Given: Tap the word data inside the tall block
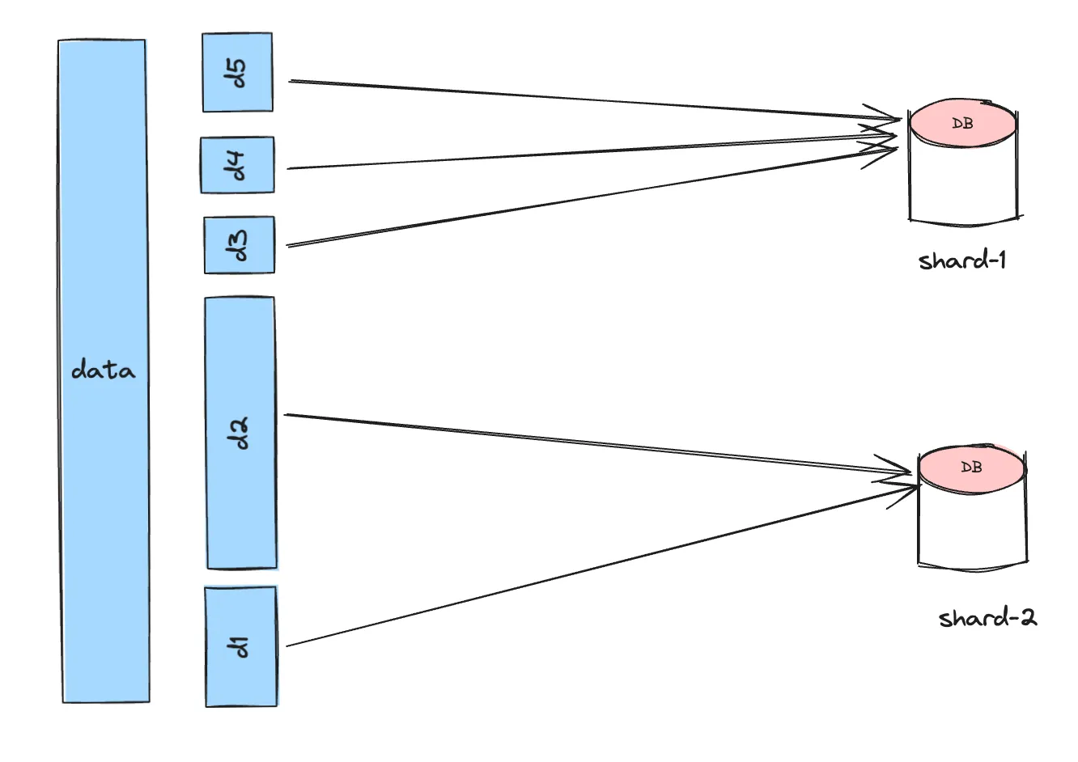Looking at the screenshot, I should click(104, 370).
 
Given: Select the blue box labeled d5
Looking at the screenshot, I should click(237, 72).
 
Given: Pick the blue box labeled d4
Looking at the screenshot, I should click(237, 165).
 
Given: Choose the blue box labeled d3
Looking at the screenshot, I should click(240, 244).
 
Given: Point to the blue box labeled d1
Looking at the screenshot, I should click(240, 646).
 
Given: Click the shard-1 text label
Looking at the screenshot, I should click(962, 260).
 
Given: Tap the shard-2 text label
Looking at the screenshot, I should click(987, 619).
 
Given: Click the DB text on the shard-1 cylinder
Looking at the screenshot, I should click(963, 124).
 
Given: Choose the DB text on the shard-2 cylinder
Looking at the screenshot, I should click(972, 468).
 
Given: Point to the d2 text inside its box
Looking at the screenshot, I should click(240, 434).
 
